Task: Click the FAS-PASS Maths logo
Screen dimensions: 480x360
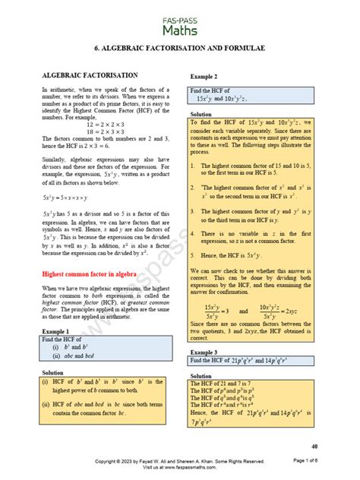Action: click(179, 22)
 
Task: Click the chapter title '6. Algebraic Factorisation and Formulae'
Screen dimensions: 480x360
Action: click(180, 48)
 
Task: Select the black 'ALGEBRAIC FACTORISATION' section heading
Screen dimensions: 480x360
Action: click(90, 75)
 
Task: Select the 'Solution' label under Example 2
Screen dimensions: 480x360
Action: click(201, 114)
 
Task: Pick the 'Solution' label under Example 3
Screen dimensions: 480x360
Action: click(201, 376)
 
